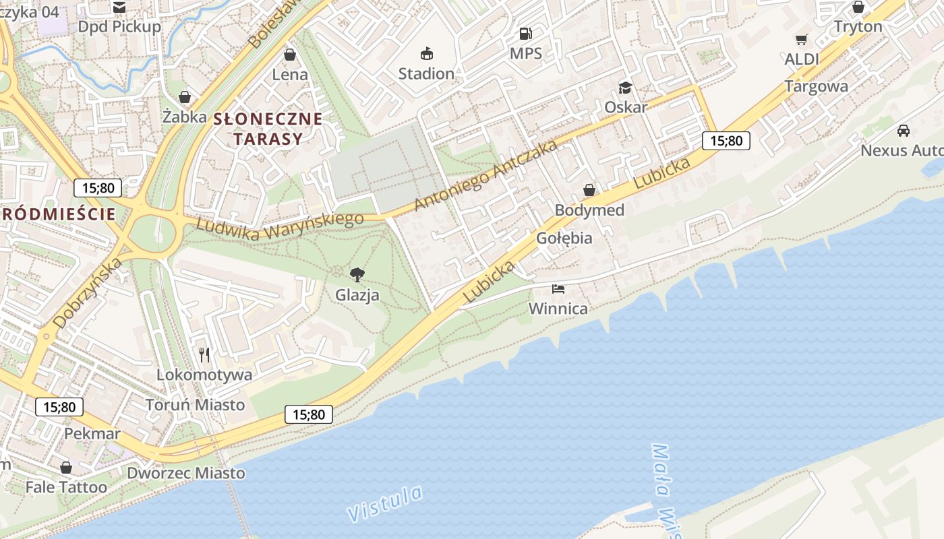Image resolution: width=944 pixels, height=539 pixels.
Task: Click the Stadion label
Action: pos(426,73)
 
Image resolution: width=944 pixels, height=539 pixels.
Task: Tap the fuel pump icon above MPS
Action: pos(525,33)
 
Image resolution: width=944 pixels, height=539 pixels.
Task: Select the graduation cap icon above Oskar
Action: pos(625,88)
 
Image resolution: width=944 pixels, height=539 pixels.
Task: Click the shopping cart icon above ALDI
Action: pos(801,39)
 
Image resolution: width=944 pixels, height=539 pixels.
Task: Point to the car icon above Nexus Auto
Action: pos(904,130)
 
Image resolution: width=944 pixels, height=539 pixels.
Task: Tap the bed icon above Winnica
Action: pos(558,289)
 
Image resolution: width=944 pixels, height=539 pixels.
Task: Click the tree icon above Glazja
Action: pos(357,274)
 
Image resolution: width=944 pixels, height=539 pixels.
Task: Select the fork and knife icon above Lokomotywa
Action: pos(204,354)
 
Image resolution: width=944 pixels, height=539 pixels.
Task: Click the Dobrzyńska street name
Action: pos(88,292)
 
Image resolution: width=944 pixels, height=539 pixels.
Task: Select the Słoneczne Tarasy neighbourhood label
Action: pos(268,129)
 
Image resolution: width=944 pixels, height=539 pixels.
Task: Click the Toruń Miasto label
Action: pos(196,405)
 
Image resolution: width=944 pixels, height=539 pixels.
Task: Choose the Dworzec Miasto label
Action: pos(186,473)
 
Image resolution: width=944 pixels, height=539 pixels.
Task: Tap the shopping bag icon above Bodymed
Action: pos(589,190)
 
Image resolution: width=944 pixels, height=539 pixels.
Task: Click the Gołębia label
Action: pos(564,238)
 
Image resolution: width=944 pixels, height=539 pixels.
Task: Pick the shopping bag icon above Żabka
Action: pos(185,97)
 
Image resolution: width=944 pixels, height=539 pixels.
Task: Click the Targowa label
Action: pos(816,86)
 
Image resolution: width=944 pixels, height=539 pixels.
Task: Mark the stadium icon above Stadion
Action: pos(426,53)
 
